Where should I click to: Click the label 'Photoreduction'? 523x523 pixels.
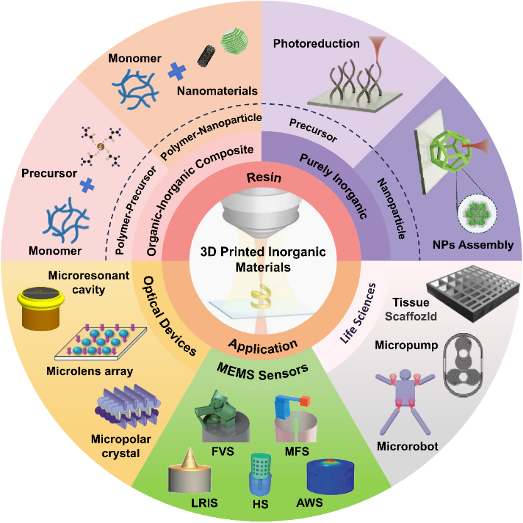pos(316,44)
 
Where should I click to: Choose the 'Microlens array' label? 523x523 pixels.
pos(90,371)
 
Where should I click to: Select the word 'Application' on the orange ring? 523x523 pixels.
pos(262,346)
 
